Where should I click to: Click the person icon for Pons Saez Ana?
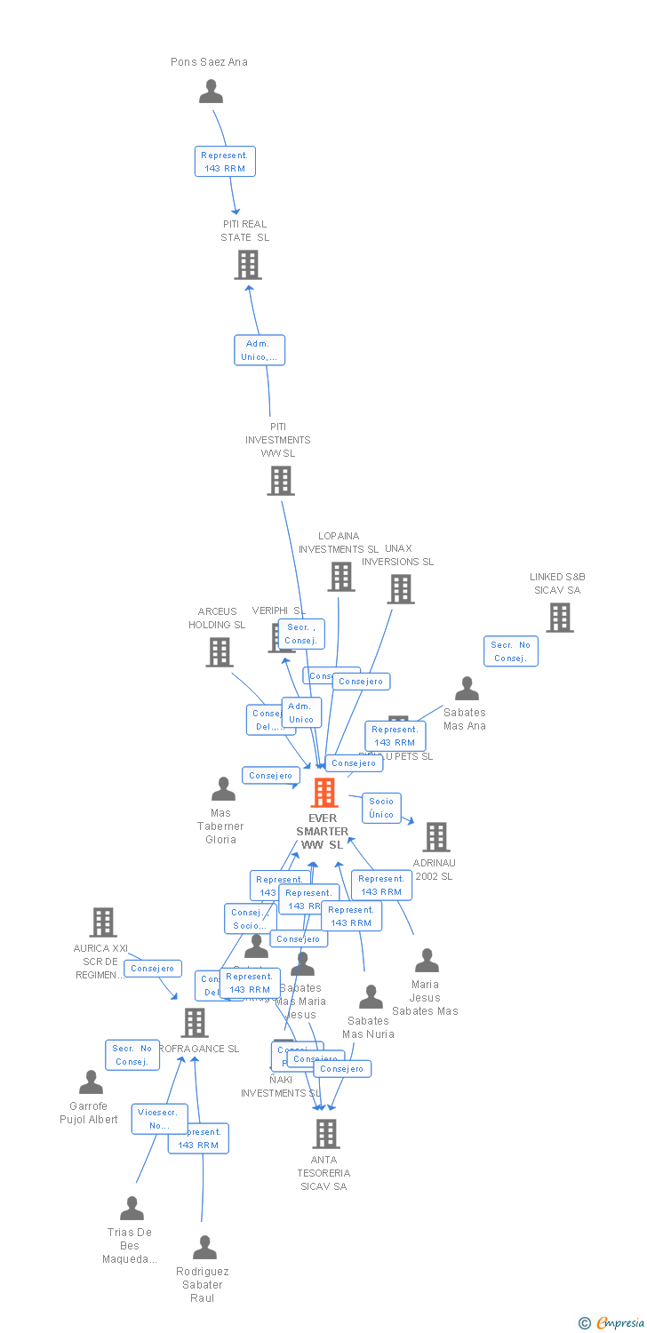(x=211, y=92)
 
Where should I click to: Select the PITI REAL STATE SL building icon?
(x=248, y=265)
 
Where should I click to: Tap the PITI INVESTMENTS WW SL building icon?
(x=281, y=481)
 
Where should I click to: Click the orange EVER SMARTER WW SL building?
(x=324, y=792)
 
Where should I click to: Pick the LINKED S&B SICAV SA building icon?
(x=559, y=618)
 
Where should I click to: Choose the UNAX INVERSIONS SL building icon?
(x=401, y=588)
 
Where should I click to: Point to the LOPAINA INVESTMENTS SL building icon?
(x=341, y=577)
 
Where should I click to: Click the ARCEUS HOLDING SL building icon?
(x=219, y=652)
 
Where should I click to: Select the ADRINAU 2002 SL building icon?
(x=435, y=836)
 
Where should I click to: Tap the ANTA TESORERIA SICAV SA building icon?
(x=326, y=1133)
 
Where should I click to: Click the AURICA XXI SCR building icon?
(x=103, y=922)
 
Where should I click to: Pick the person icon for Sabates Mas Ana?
(x=467, y=689)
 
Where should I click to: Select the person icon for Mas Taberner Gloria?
(x=223, y=789)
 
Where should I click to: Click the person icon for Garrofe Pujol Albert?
(x=91, y=1082)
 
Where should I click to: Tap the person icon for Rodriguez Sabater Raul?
(x=204, y=1248)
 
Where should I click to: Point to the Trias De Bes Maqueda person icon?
(x=132, y=1209)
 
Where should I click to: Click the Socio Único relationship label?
(x=381, y=808)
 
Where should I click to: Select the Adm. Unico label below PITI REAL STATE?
(x=260, y=350)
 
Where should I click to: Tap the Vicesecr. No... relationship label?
(x=159, y=1119)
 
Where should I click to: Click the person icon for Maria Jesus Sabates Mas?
(x=427, y=961)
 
